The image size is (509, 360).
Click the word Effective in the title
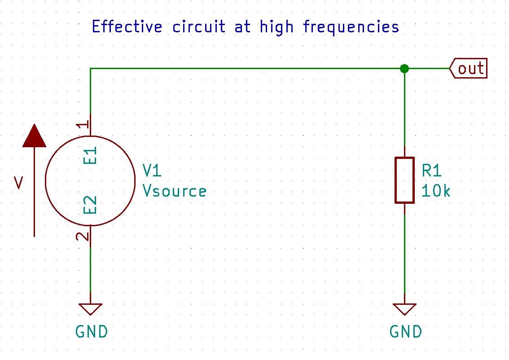[127, 27]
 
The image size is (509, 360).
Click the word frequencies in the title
[351, 28]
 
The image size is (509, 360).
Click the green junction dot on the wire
[404, 69]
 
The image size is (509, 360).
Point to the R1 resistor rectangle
[404, 180]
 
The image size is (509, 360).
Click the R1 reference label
[432, 171]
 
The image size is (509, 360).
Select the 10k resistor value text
[436, 191]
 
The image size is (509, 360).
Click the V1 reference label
[152, 171]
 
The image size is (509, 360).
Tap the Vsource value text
[175, 191]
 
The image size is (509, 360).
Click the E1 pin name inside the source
[90, 155]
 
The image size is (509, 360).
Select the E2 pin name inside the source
[90, 205]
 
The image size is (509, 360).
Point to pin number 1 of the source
[83, 125]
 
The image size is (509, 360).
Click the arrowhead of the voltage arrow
[34, 136]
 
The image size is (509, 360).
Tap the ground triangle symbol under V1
[90, 309]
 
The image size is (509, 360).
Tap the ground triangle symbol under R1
[404, 309]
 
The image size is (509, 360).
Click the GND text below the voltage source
[92, 332]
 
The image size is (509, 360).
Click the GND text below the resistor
[406, 332]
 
